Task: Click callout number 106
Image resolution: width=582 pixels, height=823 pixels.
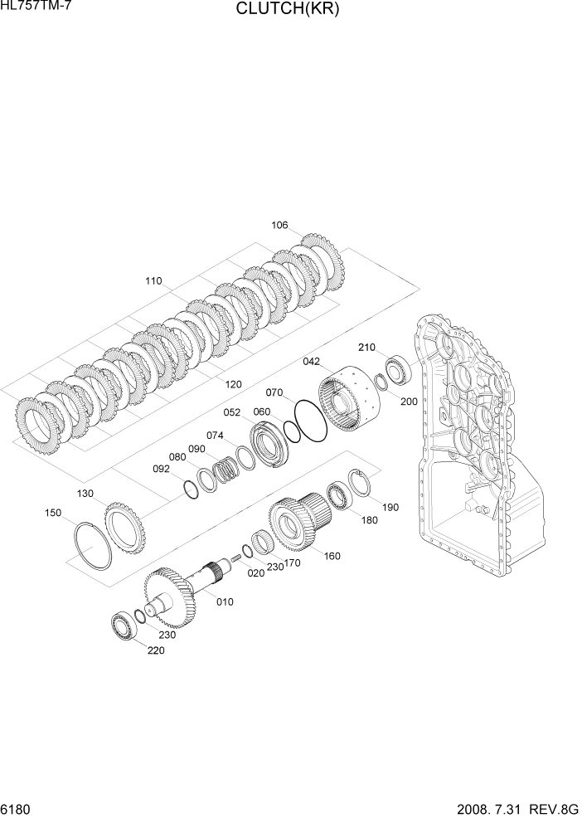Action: (279, 226)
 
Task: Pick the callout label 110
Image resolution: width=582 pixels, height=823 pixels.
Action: (153, 281)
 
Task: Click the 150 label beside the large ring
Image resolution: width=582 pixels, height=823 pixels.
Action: (52, 513)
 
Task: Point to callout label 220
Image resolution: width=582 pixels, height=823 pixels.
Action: (155, 650)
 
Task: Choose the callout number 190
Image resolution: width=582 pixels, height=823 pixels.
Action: (389, 506)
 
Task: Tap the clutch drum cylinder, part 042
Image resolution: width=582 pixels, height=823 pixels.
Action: (350, 402)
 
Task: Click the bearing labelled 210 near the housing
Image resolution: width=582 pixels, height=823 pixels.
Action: (398, 369)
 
